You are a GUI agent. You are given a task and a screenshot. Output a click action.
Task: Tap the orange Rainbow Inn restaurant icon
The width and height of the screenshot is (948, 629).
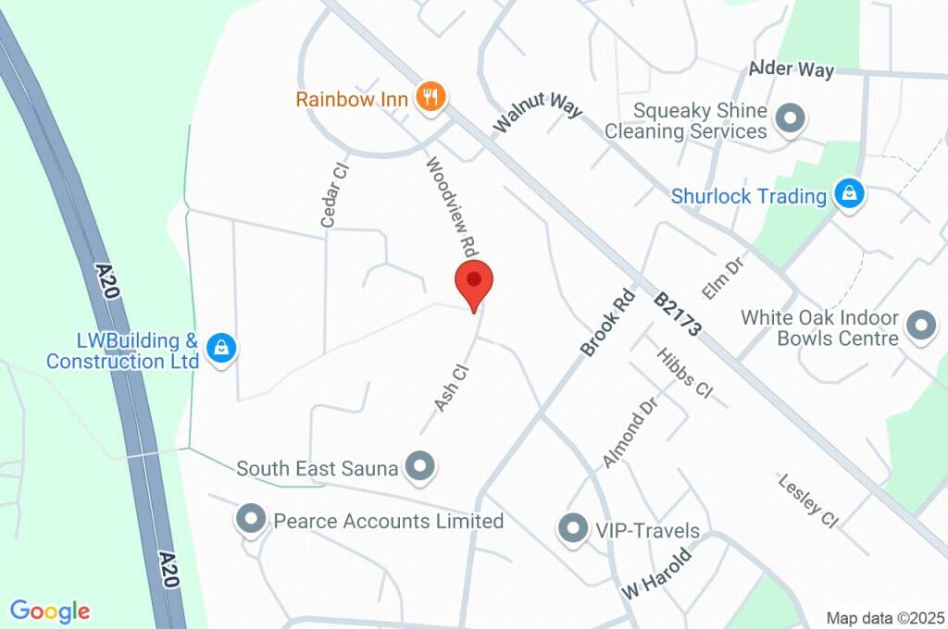point(430,96)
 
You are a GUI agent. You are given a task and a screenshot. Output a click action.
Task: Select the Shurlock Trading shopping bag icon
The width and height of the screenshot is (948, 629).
point(848,194)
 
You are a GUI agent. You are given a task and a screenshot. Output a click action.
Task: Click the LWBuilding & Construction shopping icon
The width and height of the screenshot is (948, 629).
point(221,348)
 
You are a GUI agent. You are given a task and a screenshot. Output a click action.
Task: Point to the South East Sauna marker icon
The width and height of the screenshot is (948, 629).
point(421,468)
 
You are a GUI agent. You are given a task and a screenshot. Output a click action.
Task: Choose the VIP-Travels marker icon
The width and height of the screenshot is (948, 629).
point(572,530)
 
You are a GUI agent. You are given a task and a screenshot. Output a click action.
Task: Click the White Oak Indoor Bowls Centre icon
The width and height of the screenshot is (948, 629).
point(920,325)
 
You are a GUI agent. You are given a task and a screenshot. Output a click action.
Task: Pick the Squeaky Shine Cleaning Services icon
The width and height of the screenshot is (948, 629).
point(790,118)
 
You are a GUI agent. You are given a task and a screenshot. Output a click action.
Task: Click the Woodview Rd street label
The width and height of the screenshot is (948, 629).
point(451,207)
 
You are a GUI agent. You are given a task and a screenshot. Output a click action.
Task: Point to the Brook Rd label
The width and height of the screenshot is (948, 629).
point(607,323)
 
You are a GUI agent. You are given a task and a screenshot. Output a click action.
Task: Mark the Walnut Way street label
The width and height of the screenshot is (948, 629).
point(538,111)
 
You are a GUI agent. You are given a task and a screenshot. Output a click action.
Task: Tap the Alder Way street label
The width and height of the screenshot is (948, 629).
point(792,69)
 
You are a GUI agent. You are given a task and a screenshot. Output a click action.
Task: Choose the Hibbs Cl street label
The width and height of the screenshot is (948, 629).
point(684,373)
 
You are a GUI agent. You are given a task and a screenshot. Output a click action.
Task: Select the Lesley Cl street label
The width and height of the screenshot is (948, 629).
point(808,500)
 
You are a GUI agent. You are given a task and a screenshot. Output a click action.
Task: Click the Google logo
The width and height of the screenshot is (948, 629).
point(50,610)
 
